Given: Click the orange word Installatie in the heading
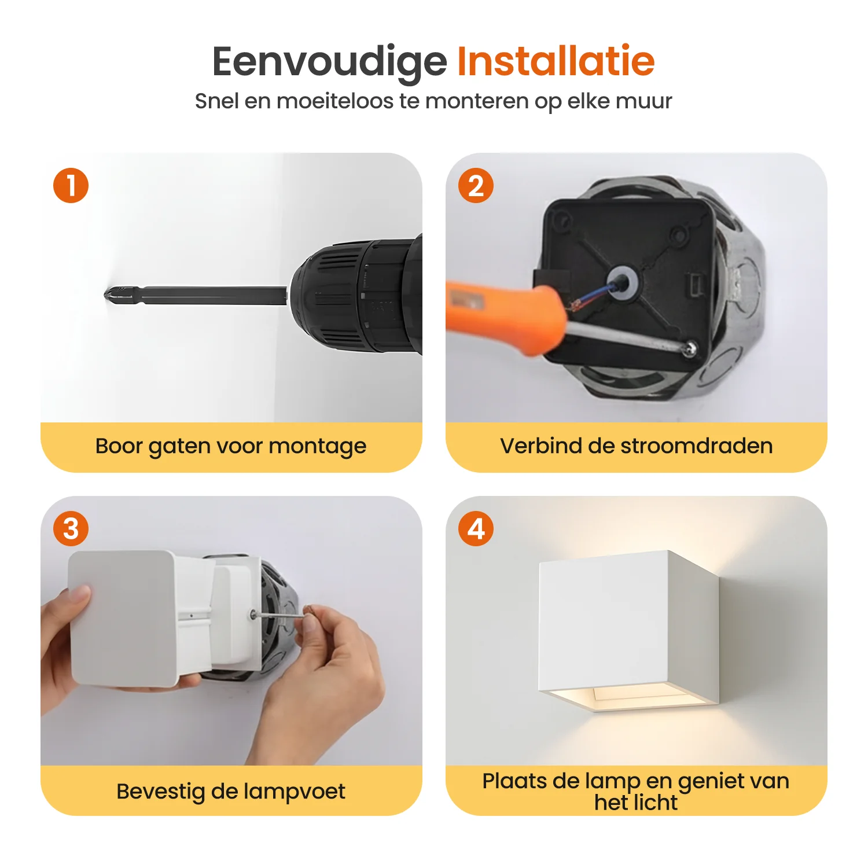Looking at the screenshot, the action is coord(556,61).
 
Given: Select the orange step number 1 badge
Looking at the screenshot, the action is coord(71,186).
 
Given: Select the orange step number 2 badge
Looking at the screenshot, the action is coord(476,186).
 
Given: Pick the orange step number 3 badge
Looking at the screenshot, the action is coord(71,528).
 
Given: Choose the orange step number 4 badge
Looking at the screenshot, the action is coord(476,528).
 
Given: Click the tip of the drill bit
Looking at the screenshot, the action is coord(105,295).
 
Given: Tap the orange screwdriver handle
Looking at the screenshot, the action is coord(503,315).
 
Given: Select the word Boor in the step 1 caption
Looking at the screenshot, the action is coord(119,446).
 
